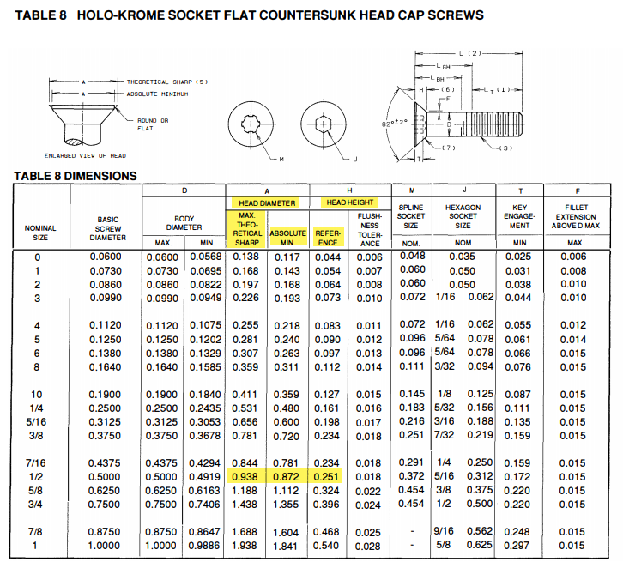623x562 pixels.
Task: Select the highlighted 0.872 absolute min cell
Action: coord(286,477)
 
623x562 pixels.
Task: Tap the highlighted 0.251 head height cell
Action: coord(327,477)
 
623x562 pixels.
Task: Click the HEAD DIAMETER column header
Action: coord(266,203)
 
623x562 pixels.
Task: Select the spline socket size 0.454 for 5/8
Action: coord(412,491)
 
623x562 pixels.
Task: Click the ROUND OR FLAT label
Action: coord(153,125)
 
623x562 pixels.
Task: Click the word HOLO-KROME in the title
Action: coord(118,15)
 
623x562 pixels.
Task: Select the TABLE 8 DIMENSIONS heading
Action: coord(76,176)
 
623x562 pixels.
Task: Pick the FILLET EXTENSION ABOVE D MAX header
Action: coord(578,219)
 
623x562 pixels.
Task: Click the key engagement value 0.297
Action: coord(517,546)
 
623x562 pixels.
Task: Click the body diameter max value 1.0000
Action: coord(162,546)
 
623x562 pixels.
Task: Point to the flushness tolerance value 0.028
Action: coord(369,546)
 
